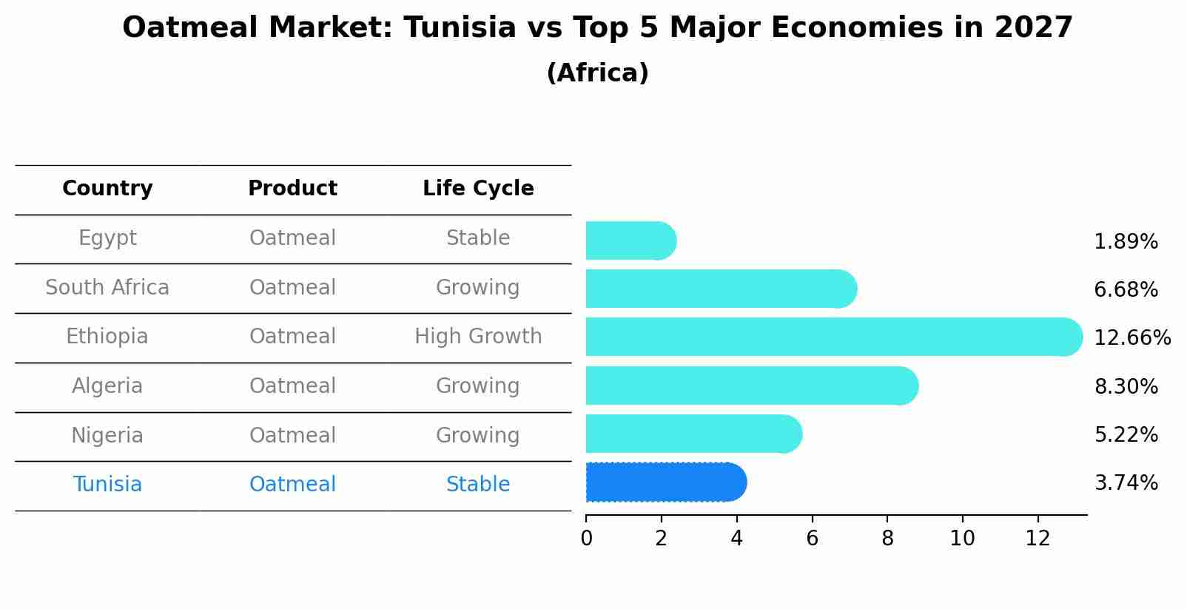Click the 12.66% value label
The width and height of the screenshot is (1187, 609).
pyautogui.click(x=1131, y=338)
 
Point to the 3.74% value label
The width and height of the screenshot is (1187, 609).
pyautogui.click(x=1126, y=483)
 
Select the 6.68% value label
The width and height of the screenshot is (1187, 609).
pyautogui.click(x=1126, y=290)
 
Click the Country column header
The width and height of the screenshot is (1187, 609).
pyautogui.click(x=107, y=189)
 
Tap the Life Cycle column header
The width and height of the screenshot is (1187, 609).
pyautogui.click(x=478, y=189)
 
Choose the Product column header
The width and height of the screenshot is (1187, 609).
pyautogui.click(x=292, y=189)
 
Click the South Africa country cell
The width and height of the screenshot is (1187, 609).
pyautogui.click(x=107, y=288)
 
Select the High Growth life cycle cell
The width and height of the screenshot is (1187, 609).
pyautogui.click(x=478, y=337)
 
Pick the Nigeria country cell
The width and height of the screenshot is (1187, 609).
pyautogui.click(x=107, y=436)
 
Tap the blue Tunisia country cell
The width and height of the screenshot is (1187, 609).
pyautogui.click(x=107, y=485)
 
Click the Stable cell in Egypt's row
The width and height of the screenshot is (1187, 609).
pyautogui.click(x=478, y=238)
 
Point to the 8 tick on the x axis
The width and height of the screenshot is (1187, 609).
pyautogui.click(x=887, y=539)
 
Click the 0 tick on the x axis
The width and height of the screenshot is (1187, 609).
pyautogui.click(x=586, y=539)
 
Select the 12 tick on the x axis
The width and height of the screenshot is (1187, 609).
pyautogui.click(x=1038, y=539)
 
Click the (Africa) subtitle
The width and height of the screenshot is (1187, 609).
pyautogui.click(x=597, y=73)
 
